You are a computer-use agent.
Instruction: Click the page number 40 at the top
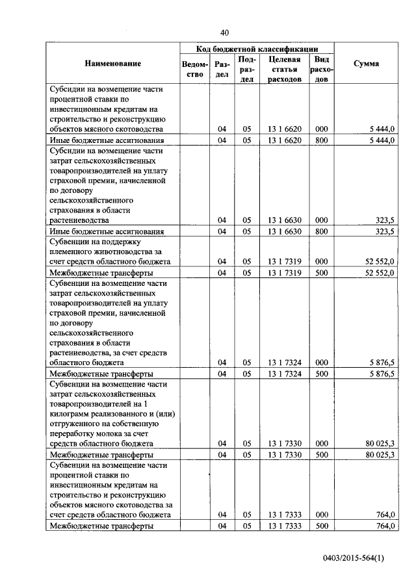click(x=225, y=32)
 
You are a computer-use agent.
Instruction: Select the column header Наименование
click(x=112, y=64)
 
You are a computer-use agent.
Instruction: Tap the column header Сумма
click(x=367, y=64)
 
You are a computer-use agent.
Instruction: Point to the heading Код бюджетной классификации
click(x=257, y=49)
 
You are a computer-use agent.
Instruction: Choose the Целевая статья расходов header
click(x=284, y=69)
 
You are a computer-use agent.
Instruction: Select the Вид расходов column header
click(x=322, y=69)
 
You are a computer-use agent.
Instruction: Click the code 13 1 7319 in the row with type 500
click(x=284, y=272)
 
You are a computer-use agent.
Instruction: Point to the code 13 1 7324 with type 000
click(x=284, y=363)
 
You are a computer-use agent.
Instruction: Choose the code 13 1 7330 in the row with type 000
click(x=284, y=444)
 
